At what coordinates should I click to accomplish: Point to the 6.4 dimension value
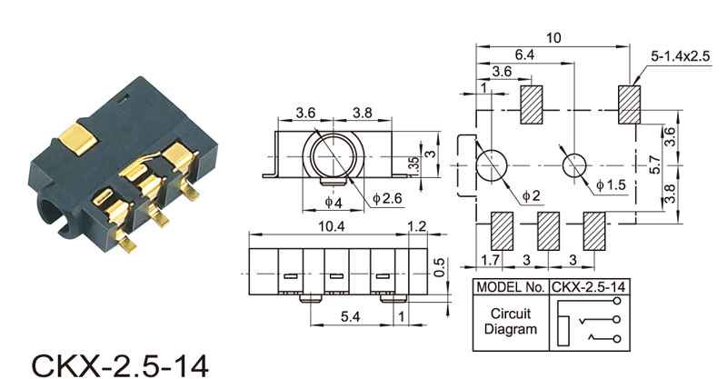[x=524, y=55]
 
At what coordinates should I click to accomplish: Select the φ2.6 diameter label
[x=385, y=197]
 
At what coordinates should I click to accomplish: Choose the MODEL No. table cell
[x=510, y=288]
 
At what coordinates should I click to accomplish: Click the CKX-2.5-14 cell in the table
[x=588, y=288]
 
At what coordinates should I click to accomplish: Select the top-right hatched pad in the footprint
[x=630, y=105]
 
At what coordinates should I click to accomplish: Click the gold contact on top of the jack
[x=79, y=140]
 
